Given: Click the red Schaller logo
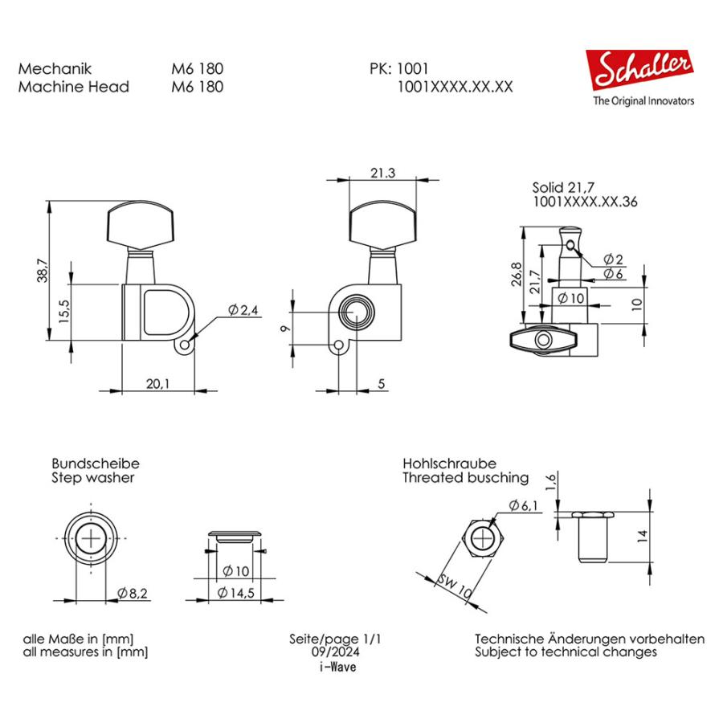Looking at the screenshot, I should click(x=639, y=71).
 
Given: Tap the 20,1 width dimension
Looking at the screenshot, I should click(x=157, y=383).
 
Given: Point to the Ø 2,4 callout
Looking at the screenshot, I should click(x=243, y=310).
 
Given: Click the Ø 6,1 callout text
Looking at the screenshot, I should click(x=524, y=505).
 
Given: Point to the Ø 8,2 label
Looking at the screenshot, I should click(x=133, y=592).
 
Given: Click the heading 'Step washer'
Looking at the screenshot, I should click(x=92, y=478).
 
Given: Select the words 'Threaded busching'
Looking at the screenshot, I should click(x=465, y=478).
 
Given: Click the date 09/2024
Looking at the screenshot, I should click(x=333, y=653).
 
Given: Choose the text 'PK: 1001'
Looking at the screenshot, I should click(x=398, y=69).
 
